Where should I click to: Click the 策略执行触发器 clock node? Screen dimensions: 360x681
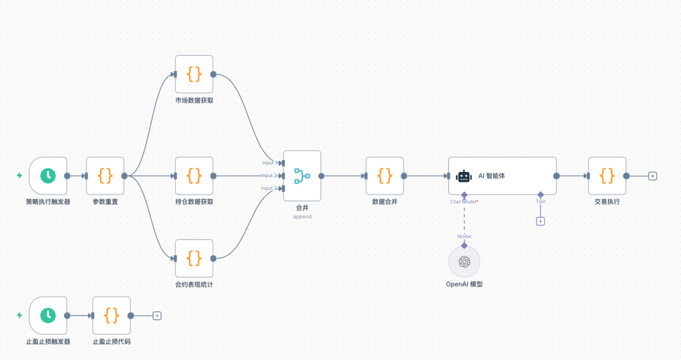click(x=48, y=176)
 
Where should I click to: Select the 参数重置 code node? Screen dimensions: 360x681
click(x=105, y=176)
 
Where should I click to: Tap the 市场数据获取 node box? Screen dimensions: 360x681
click(x=194, y=74)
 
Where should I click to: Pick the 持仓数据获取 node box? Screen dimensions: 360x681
click(x=194, y=176)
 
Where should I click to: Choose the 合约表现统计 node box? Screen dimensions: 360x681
click(x=194, y=258)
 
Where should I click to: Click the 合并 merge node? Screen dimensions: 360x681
click(x=302, y=176)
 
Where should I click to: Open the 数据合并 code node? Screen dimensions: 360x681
click(x=385, y=176)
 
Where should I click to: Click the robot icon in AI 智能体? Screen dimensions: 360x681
click(x=464, y=176)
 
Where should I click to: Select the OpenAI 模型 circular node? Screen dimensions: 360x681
click(x=464, y=261)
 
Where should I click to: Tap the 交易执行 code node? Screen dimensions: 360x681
click(x=607, y=176)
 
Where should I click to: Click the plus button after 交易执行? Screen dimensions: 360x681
click(x=652, y=176)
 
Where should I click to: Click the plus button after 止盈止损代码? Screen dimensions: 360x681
click(x=157, y=315)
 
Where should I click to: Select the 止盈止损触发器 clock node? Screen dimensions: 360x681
click(x=48, y=315)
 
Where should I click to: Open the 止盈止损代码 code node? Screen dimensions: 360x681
click(x=112, y=315)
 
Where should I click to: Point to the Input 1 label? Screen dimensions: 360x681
click(x=269, y=163)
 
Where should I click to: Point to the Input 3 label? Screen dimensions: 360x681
click(x=269, y=188)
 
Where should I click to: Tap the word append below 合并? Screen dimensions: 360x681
click(x=302, y=216)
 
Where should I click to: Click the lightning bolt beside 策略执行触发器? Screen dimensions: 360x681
click(x=19, y=176)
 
